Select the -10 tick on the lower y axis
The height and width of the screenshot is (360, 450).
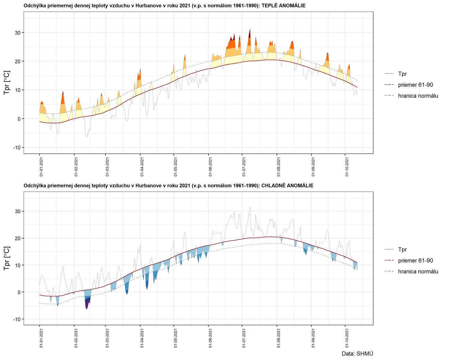click(x=17, y=319)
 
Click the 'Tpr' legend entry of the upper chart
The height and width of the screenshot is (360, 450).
click(x=402, y=74)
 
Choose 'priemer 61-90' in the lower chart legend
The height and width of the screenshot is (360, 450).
click(x=415, y=261)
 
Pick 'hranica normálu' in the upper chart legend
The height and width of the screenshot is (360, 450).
click(x=418, y=96)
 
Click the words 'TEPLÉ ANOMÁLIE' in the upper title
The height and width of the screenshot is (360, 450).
click(x=283, y=6)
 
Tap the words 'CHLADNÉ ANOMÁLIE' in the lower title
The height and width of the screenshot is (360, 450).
click(x=287, y=186)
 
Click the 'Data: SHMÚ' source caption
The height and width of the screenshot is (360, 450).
click(x=357, y=354)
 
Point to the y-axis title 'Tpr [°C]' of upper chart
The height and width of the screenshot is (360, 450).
click(x=7, y=83)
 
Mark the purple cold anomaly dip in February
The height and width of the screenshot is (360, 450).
click(x=87, y=304)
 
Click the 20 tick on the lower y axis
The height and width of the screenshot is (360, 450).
click(x=17, y=238)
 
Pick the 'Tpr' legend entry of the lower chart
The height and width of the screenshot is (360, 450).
click(x=402, y=250)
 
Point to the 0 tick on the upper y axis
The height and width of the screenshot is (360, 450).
click(x=19, y=119)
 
